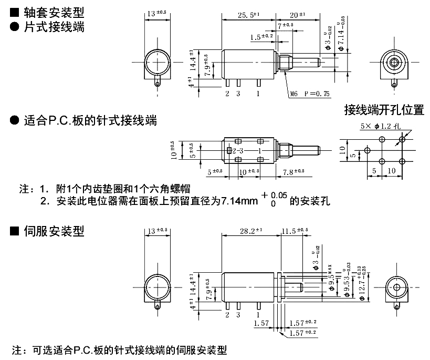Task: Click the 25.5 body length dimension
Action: tap(246, 15)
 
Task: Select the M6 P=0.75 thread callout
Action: tap(312, 94)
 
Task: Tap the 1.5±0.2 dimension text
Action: tap(261, 36)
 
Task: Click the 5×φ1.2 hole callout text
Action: tap(381, 126)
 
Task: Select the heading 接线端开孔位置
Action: tap(384, 110)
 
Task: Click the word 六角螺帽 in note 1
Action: tap(172, 189)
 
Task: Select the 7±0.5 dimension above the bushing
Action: tap(286, 25)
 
